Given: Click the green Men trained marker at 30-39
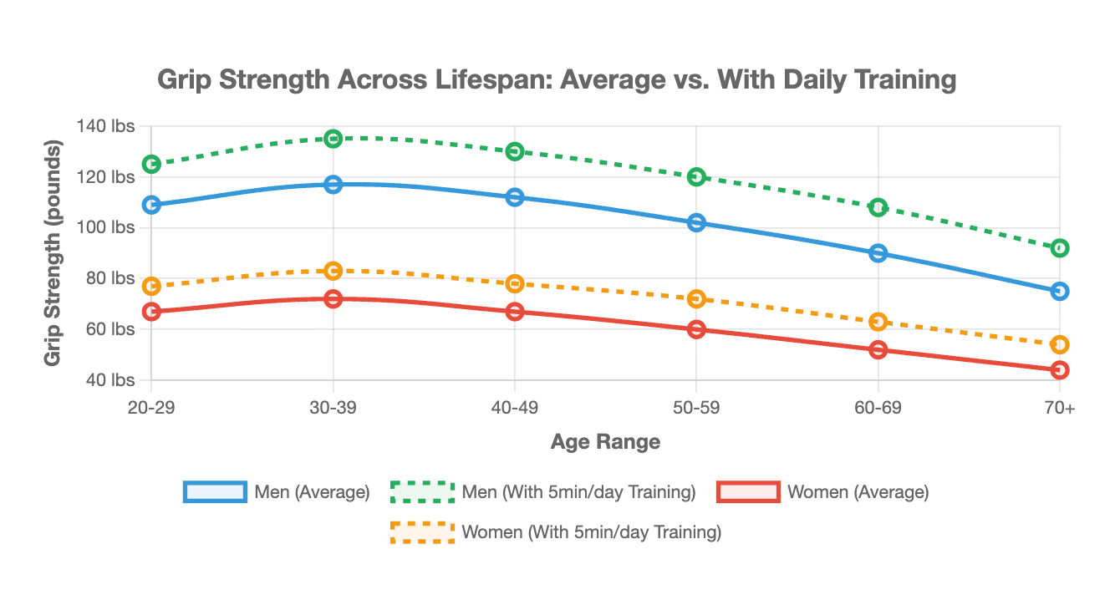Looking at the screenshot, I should pyautogui.click(x=333, y=139).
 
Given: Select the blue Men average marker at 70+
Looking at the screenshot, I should pyautogui.click(x=1060, y=291).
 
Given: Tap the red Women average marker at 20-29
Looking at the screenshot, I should pyautogui.click(x=151, y=312).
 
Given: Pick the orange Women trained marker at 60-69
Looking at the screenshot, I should pyautogui.click(x=878, y=322).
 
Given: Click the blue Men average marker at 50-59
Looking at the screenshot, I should pyautogui.click(x=696, y=223).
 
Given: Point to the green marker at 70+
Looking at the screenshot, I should pyautogui.click(x=1060, y=248).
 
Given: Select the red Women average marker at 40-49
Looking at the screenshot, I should pyautogui.click(x=515, y=312).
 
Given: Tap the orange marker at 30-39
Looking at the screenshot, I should pyautogui.click(x=333, y=271).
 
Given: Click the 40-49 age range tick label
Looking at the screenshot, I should pyautogui.click(x=515, y=408).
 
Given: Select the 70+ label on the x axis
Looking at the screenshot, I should pyautogui.click(x=1060, y=408).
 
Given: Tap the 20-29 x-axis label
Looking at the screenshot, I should pyautogui.click(x=151, y=408).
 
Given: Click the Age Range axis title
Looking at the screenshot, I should pyautogui.click(x=605, y=442).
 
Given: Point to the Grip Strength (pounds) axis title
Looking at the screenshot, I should pyautogui.click(x=53, y=253).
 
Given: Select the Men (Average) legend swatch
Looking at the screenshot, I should pyautogui.click(x=215, y=492).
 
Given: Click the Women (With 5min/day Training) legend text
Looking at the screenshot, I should pyautogui.click(x=591, y=531).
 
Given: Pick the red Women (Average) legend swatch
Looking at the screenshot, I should pyautogui.click(x=748, y=492).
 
